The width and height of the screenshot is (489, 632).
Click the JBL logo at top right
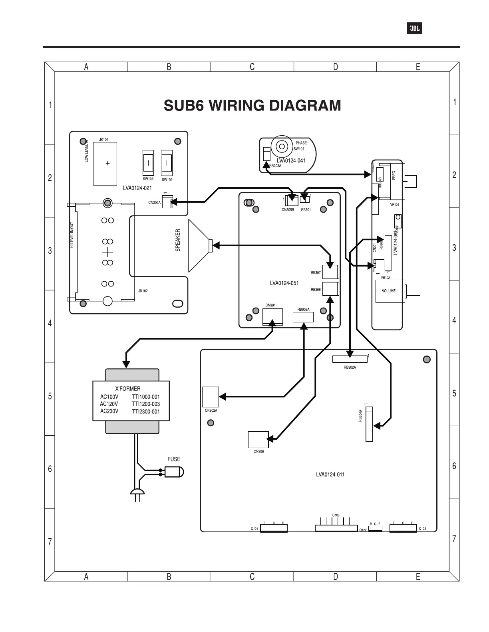pyautogui.click(x=414, y=29)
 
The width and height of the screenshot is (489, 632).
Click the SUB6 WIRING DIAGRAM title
pyautogui.click(x=252, y=106)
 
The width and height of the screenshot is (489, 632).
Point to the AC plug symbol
pyautogui.click(x=137, y=493)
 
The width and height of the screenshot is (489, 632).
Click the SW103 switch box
pyautogui.click(x=148, y=163)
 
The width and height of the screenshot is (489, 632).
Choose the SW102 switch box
pyautogui.click(x=167, y=163)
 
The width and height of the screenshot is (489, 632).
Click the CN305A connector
pyautogui.click(x=167, y=202)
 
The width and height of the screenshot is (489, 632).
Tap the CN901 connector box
pyautogui.click(x=273, y=317)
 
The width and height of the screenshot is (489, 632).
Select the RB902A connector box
pyautogui.click(x=303, y=317)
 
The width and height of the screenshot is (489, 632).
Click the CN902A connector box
pyautogui.click(x=211, y=397)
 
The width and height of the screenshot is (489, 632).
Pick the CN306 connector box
pyautogui.click(x=258, y=439)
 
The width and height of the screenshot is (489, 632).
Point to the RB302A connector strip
pyautogui.click(x=349, y=359)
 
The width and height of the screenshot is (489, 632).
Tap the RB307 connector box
pyautogui.click(x=330, y=272)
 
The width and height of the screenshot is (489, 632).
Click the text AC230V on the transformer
pyautogui.click(x=109, y=411)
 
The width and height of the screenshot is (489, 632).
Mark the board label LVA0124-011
pyautogui.click(x=330, y=474)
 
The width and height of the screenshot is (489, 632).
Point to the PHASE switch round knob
pyautogui.click(x=282, y=147)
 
